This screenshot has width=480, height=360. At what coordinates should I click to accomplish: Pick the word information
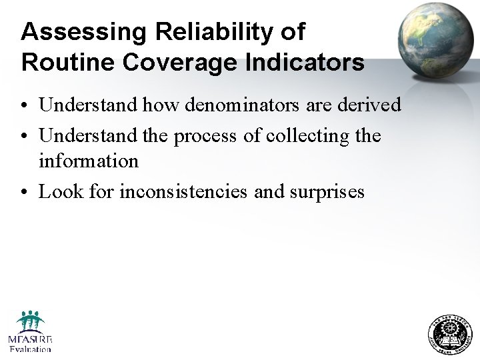tap(88, 161)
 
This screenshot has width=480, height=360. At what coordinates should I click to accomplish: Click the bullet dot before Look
tap(25, 193)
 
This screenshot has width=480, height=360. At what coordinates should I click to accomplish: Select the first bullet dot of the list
tap(25, 105)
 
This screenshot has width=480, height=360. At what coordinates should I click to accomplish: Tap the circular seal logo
tap(448, 333)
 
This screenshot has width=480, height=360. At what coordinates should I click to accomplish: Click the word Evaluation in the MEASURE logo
tap(30, 349)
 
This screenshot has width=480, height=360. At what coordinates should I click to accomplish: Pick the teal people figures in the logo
tap(31, 321)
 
